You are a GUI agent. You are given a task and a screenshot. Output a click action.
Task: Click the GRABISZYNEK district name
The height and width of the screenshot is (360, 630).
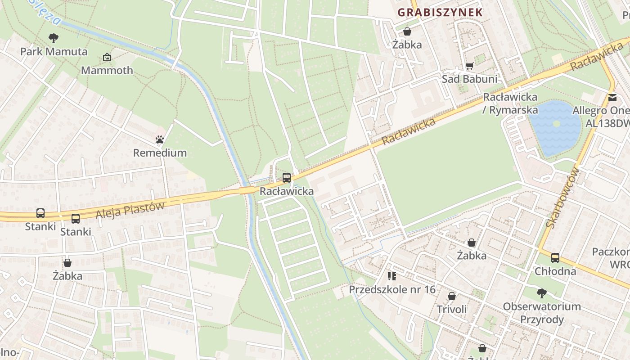point(440,13)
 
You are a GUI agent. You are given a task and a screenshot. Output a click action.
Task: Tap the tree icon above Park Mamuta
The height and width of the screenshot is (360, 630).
point(54,38)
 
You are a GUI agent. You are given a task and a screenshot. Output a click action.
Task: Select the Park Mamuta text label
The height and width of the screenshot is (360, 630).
point(54,51)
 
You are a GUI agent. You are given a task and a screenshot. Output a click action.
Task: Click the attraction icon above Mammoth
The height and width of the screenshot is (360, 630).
point(107,57)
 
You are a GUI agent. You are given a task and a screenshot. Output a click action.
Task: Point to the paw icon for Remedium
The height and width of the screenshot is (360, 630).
point(160,139)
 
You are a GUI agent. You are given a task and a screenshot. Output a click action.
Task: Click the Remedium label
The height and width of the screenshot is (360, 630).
point(160,153)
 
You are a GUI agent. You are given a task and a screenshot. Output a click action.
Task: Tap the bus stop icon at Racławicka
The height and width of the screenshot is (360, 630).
point(287,178)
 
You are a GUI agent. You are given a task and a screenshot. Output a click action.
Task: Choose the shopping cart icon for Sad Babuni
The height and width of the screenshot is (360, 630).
point(469,66)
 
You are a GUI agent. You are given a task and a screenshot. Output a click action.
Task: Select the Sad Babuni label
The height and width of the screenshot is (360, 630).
point(469,79)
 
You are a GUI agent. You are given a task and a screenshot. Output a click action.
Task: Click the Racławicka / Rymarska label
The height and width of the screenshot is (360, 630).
point(510,103)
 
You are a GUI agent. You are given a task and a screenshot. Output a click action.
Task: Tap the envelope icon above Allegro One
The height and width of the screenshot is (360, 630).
point(612,97)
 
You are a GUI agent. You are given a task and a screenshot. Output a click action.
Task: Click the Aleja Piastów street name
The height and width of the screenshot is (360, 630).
point(130,210)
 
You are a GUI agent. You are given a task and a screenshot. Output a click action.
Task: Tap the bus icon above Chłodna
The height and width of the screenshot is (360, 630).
point(555,258)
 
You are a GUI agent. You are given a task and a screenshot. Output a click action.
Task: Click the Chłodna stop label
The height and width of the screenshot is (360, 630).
point(555,271)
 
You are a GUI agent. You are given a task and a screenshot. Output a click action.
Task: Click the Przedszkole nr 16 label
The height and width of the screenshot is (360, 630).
point(392,289)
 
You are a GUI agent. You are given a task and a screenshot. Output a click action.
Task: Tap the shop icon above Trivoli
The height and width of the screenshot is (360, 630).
point(452,296)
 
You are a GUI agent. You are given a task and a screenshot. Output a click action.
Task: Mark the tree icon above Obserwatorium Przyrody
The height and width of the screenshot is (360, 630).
point(542,293)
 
